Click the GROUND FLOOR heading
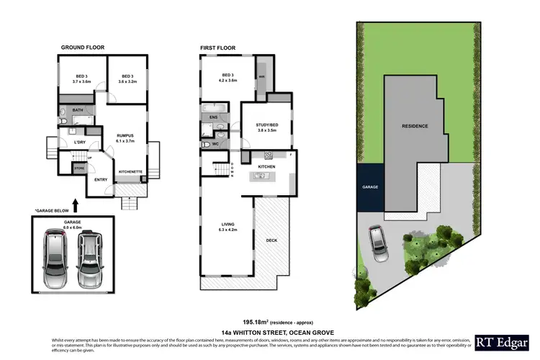(82, 48)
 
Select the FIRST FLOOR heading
(217, 48)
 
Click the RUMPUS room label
(126, 137)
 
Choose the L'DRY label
(81, 142)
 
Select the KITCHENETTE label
(130, 171)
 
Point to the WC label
(215, 144)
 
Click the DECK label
(271, 240)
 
